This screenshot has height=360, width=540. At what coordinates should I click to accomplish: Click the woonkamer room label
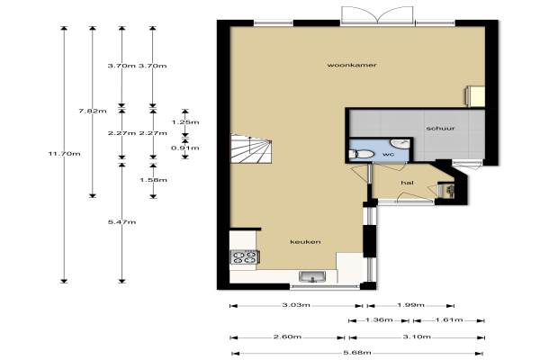(352, 65)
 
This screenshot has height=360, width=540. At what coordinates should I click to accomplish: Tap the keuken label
(305, 242)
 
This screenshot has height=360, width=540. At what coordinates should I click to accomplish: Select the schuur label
(440, 129)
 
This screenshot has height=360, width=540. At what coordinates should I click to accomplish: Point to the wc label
(388, 154)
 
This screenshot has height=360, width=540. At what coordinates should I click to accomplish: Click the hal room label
(407, 183)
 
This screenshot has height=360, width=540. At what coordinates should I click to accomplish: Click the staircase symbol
(251, 148)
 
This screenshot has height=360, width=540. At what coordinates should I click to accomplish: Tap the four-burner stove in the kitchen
(245, 256)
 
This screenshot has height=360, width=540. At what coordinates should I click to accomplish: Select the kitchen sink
(312, 276)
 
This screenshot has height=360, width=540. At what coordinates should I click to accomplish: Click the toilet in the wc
(361, 154)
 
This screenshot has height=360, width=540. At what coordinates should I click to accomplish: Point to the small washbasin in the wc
(400, 143)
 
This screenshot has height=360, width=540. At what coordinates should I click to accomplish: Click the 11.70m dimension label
(65, 154)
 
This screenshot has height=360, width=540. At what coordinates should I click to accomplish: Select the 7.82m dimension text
(93, 111)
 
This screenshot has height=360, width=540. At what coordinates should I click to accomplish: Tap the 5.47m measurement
(121, 222)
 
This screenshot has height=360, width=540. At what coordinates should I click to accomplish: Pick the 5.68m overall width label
(357, 353)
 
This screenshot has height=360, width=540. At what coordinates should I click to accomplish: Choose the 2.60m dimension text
(288, 337)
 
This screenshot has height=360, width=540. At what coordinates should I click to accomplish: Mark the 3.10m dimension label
(417, 337)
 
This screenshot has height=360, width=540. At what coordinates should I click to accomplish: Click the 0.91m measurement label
(185, 148)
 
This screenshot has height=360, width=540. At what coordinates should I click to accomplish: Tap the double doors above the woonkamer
(378, 15)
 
